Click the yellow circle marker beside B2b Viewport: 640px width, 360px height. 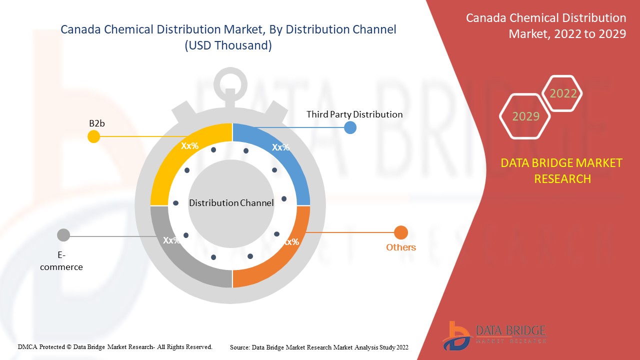pyautogui.click(x=93, y=136)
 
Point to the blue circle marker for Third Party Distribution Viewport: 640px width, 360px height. pyautogui.click(x=350, y=127)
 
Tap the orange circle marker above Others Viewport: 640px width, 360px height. pyautogui.click(x=401, y=232)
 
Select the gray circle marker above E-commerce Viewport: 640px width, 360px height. pyautogui.click(x=63, y=234)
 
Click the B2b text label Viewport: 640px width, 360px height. pyautogui.click(x=96, y=123)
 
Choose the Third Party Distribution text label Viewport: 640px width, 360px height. pyautogui.click(x=354, y=114)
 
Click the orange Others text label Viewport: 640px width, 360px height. pyautogui.click(x=401, y=247)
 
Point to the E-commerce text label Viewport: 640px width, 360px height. pyautogui.click(x=61, y=261)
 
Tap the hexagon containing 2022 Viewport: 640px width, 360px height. pyautogui.click(x=563, y=93)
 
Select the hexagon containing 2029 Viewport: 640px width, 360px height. pyautogui.click(x=525, y=116)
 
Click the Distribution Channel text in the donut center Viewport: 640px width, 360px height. pyautogui.click(x=231, y=203)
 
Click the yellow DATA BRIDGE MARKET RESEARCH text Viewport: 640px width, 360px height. pyautogui.click(x=562, y=170)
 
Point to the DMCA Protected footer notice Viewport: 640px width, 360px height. pyautogui.click(x=115, y=346)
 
